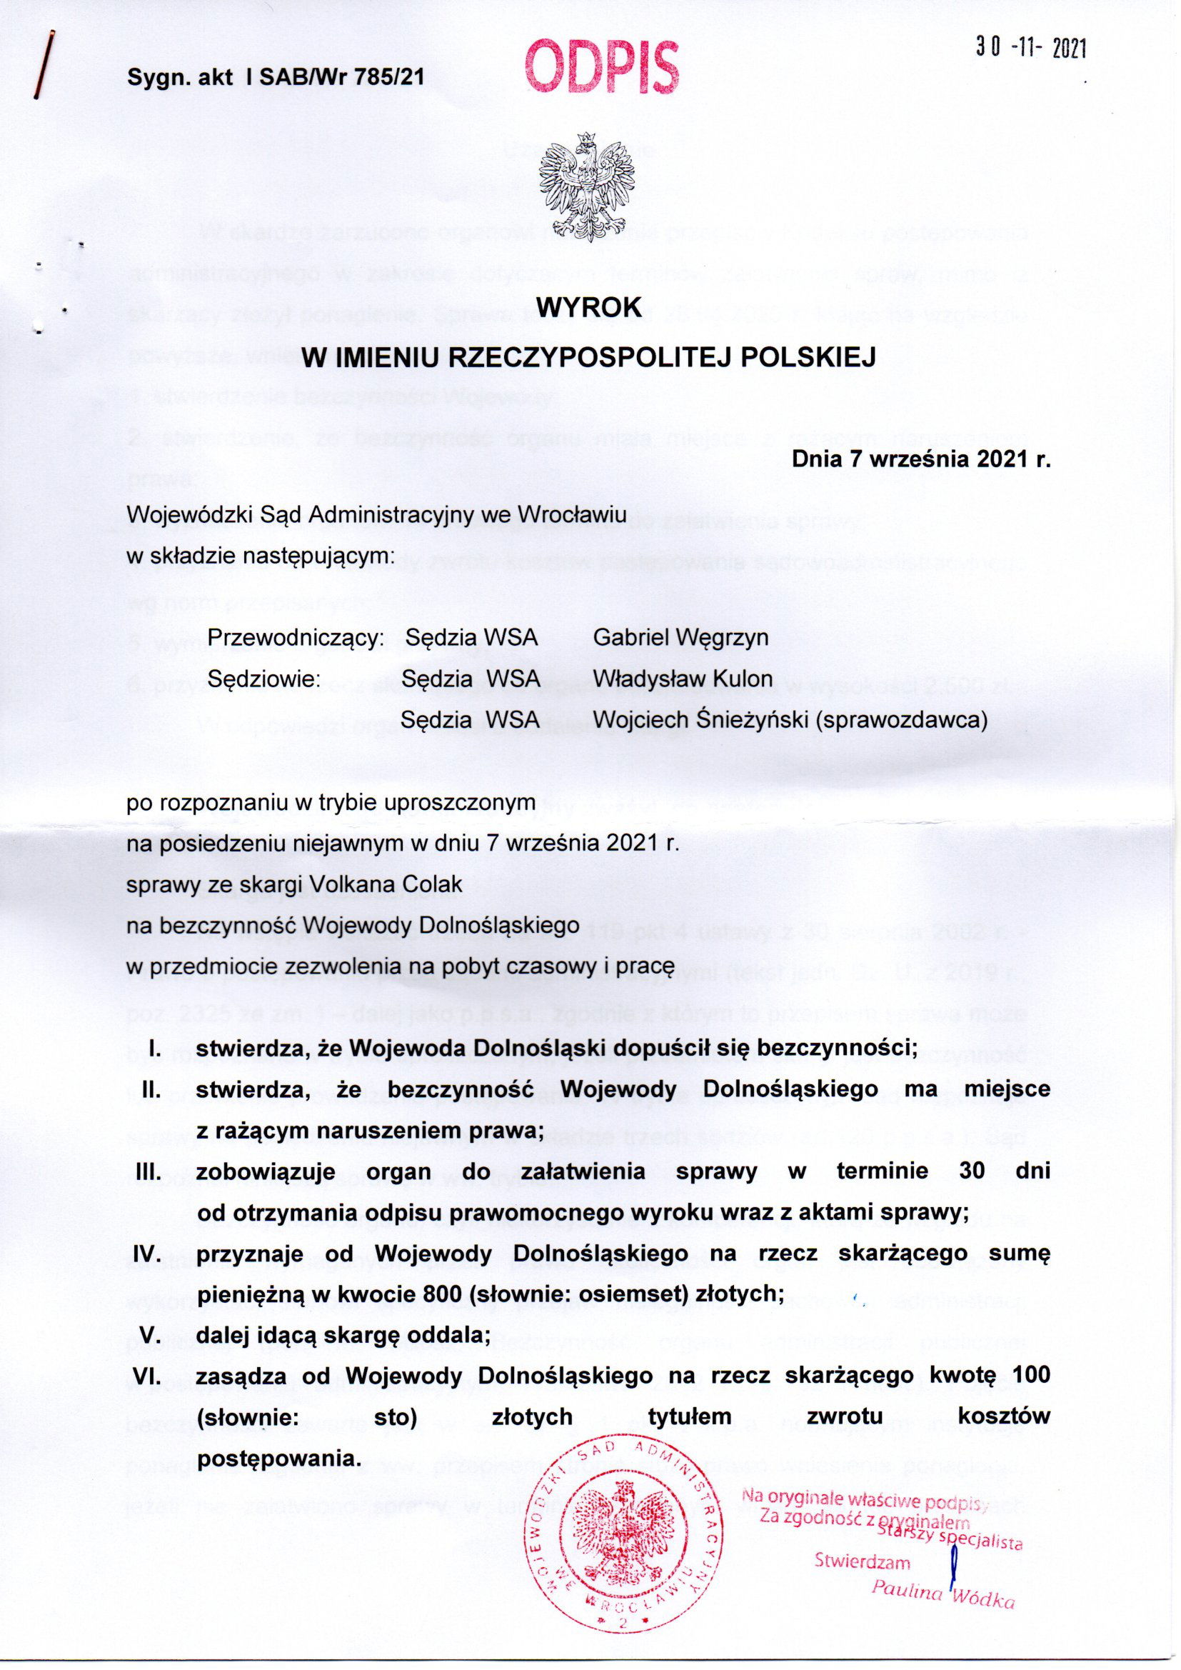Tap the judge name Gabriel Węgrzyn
coord(680,637)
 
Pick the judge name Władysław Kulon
coord(683,678)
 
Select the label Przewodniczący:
coord(296,638)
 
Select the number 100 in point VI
coord(1030,1376)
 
